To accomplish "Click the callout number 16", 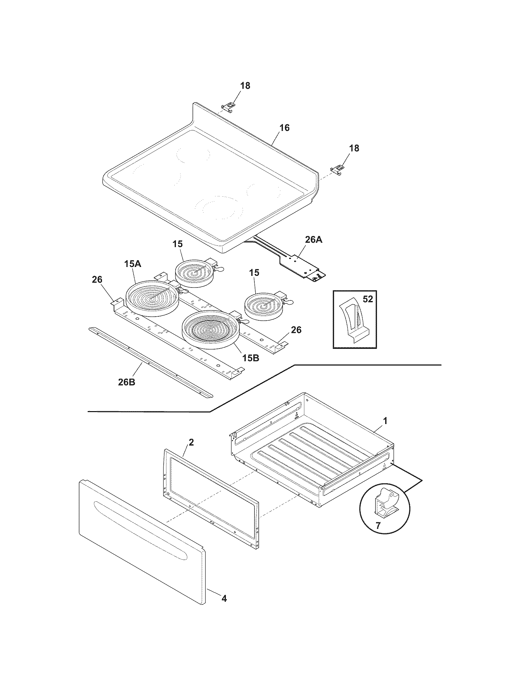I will pyautogui.click(x=285, y=128).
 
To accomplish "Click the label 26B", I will pyautogui.click(x=127, y=382).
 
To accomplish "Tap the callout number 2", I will pyautogui.click(x=191, y=442).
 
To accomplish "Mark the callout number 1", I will pyautogui.click(x=385, y=421).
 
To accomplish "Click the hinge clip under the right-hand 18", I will pyautogui.click(x=337, y=170).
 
